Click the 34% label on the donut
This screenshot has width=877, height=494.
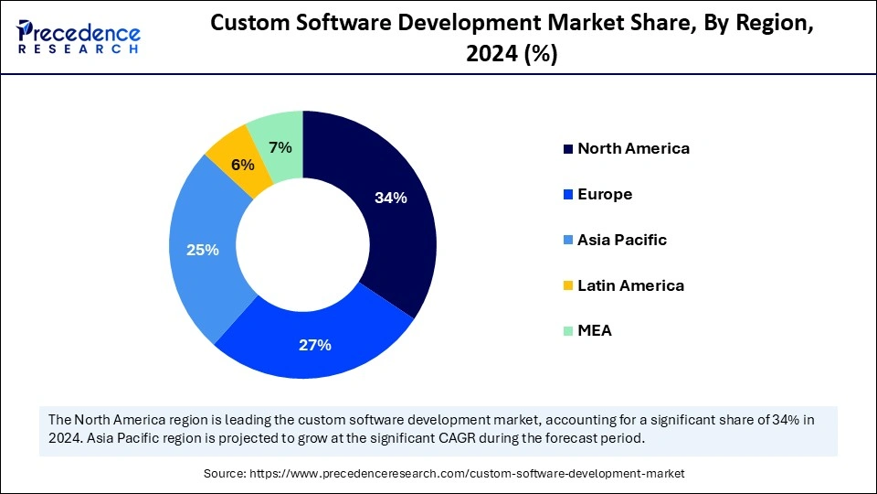390,198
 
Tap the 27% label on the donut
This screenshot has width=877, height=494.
315,345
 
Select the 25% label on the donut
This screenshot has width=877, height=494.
202,249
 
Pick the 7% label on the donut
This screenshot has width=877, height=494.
280,146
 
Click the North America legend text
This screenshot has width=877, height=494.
633,148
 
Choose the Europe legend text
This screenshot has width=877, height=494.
605,194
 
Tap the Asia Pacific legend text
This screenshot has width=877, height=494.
622,240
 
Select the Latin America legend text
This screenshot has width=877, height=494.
630,285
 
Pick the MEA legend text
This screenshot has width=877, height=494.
595,331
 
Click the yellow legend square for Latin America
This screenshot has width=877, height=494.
568,286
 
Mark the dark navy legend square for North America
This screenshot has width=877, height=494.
568,149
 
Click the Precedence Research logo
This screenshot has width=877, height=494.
79,37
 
